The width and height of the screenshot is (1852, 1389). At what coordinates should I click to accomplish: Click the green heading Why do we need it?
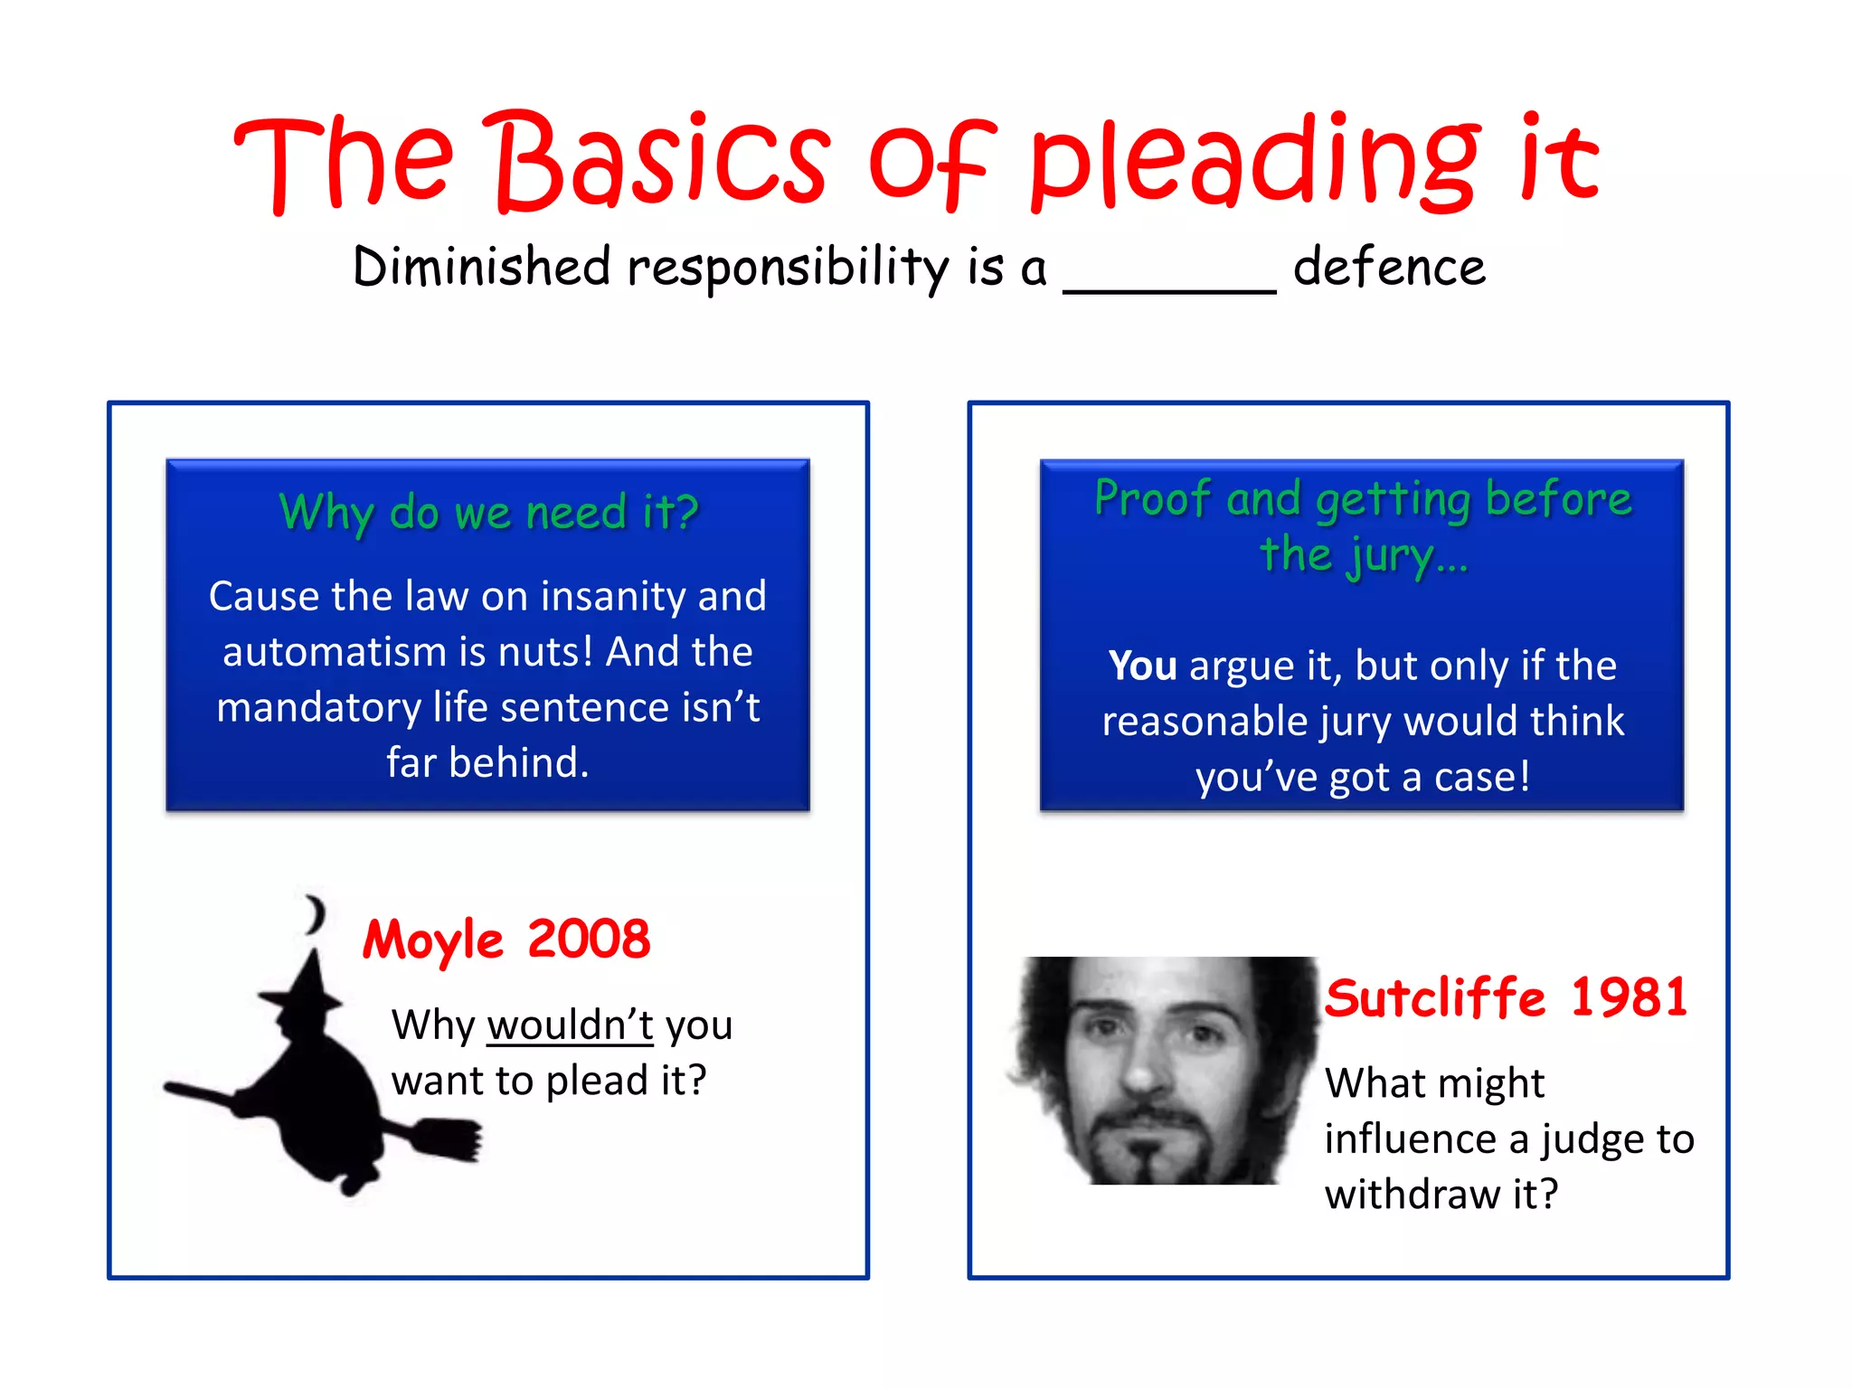point(488,513)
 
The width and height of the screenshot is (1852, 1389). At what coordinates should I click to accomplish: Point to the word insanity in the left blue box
point(613,597)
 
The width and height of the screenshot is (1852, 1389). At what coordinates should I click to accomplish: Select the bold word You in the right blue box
point(1142,666)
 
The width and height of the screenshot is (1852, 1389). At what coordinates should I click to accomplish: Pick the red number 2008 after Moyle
point(589,940)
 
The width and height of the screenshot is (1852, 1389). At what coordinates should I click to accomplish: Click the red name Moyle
point(432,940)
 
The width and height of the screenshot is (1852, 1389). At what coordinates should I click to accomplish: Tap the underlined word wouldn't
point(570,1026)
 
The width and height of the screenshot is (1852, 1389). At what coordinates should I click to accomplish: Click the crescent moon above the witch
point(314,915)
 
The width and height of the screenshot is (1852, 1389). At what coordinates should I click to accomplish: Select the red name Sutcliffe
point(1435,998)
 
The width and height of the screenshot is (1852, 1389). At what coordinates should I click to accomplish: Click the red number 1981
point(1629,998)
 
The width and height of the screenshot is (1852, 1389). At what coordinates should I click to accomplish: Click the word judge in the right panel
point(1594,1139)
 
